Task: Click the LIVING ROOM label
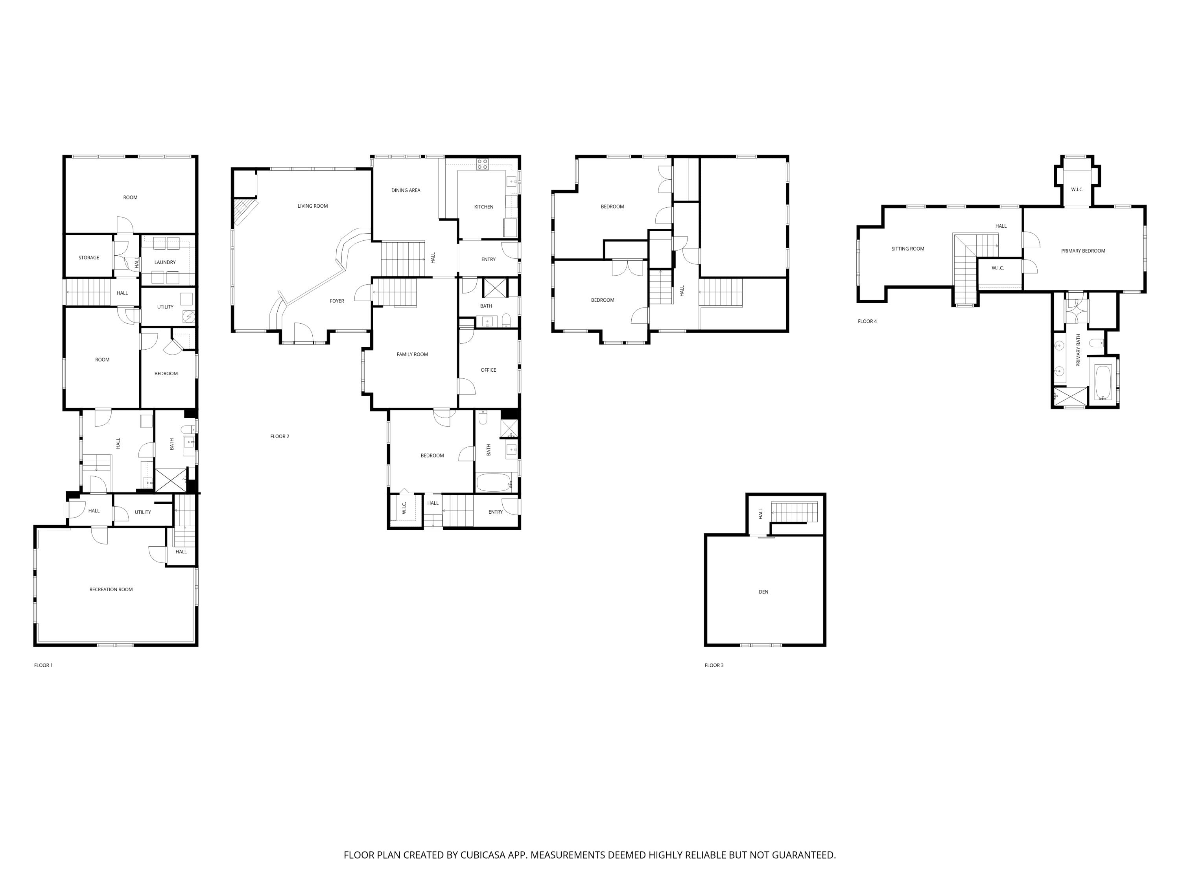coord(313,206)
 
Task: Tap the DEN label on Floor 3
coord(763,592)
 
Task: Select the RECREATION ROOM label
coord(111,590)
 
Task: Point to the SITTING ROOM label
coord(907,249)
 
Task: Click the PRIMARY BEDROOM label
coord(1083,251)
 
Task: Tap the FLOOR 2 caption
coord(280,436)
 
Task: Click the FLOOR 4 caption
coord(867,321)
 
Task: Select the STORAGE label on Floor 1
coord(88,258)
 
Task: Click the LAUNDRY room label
coord(165,262)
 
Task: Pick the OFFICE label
coord(488,370)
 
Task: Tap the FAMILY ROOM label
coord(412,354)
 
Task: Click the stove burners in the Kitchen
coord(482,164)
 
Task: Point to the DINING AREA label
coord(406,190)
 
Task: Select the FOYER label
coord(337,301)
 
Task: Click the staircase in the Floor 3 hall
coord(794,512)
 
